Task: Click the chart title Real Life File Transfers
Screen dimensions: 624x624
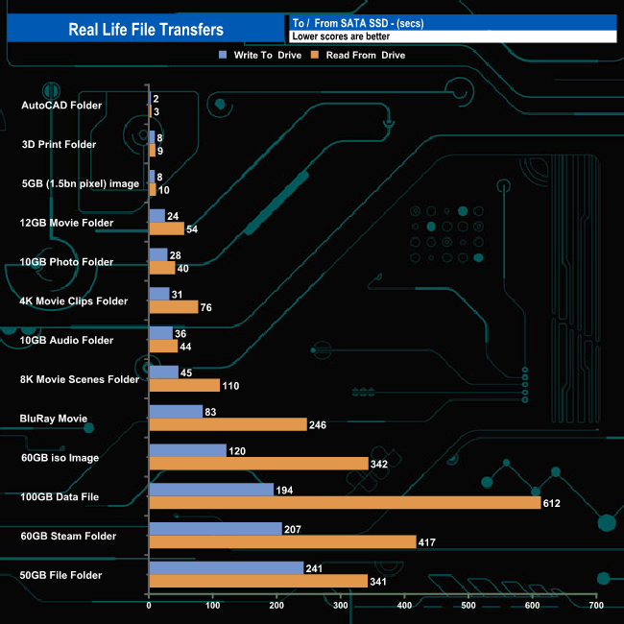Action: [146, 30]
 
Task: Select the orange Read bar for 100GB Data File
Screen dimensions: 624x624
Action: [345, 502]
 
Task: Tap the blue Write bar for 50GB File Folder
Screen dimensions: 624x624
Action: [226, 567]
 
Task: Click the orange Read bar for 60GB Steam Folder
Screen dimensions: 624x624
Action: [282, 541]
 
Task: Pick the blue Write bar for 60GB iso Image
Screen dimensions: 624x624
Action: [187, 450]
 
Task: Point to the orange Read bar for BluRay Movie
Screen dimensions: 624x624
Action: [228, 424]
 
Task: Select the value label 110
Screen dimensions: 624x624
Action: [230, 385]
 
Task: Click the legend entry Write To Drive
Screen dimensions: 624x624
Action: [260, 55]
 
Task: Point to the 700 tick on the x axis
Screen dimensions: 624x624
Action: [596, 606]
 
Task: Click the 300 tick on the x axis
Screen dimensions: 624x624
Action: [341, 606]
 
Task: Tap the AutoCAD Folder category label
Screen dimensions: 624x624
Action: [61, 105]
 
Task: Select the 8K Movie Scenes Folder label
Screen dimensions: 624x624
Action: [80, 379]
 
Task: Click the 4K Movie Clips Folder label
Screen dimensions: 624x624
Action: [74, 300]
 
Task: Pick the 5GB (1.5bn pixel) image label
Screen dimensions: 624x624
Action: [81, 183]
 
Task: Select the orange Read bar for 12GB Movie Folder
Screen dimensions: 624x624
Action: [166, 228]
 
